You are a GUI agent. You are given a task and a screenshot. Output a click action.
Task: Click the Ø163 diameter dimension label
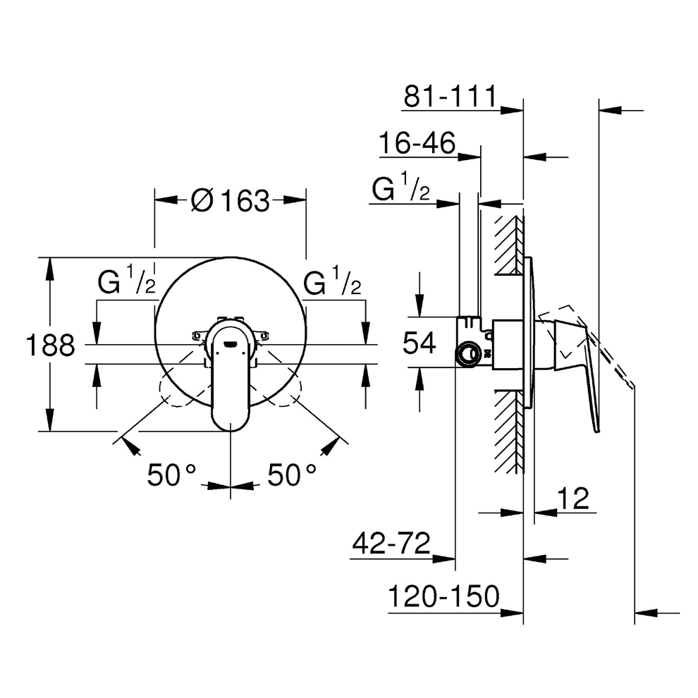[x=231, y=202]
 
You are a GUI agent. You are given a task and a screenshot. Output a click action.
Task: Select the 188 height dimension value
[x=50, y=345]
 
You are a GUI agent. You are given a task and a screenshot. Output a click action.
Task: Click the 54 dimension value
[x=420, y=343]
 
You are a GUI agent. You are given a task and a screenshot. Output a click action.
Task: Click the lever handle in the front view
[x=231, y=381]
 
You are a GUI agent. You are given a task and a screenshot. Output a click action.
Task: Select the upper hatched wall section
[x=508, y=243]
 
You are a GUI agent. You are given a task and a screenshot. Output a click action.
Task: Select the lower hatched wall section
[x=508, y=430]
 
